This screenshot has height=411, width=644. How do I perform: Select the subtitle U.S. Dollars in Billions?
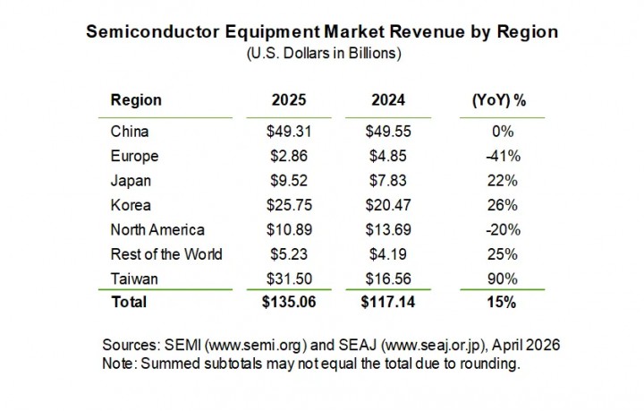click(x=322, y=53)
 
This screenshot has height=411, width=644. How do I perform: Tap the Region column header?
click(x=135, y=101)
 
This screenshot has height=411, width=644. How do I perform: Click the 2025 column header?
click(x=288, y=101)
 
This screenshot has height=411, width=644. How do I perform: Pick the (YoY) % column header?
click(x=498, y=101)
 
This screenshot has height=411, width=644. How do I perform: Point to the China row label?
click(x=130, y=131)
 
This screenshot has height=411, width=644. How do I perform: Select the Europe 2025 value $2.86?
click(x=288, y=156)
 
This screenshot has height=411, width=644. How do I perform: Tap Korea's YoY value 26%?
click(x=498, y=205)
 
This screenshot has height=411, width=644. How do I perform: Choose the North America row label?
click(x=157, y=229)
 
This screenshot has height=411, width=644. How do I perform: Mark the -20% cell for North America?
click(x=498, y=229)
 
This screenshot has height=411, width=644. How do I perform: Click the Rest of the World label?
click(x=165, y=253)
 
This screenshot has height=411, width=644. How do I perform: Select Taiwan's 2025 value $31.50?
click(x=288, y=278)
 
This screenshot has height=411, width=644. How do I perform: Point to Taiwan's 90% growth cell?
click(x=498, y=278)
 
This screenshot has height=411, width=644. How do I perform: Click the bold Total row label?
click(x=129, y=303)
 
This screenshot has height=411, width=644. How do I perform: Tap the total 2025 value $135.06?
click(x=288, y=303)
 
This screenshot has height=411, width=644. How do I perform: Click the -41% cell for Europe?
click(x=498, y=156)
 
